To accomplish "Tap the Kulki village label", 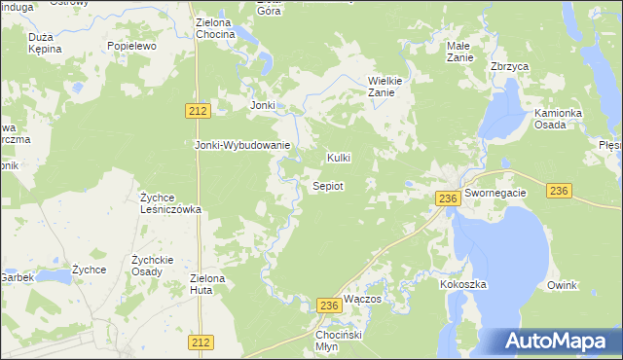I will click(339, 158).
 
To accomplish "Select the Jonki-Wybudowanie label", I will click(242, 146).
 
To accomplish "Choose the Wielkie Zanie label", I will click(386, 87).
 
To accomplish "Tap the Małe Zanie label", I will click(459, 52).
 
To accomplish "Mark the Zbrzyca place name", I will click(509, 67).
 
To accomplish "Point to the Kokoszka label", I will click(462, 284).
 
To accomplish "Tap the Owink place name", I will click(562, 285).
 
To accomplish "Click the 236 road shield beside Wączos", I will click(329, 306).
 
